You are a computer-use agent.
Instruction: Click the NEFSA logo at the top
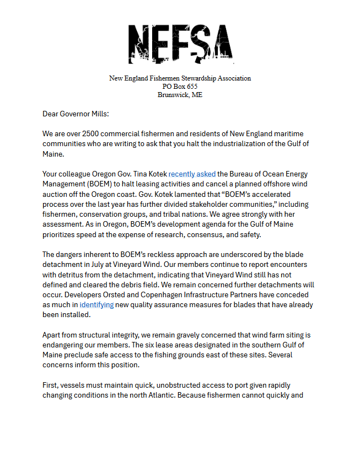pos(180,44)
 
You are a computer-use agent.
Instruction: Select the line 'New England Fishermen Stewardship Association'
pos(180,78)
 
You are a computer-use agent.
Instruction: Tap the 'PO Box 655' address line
pos(180,87)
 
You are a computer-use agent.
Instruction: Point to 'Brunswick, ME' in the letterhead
pos(180,95)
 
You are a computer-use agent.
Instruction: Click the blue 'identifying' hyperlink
pos(96,304)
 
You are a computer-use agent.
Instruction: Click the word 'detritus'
pos(74,275)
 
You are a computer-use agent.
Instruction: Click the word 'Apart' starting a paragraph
pos(53,335)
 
